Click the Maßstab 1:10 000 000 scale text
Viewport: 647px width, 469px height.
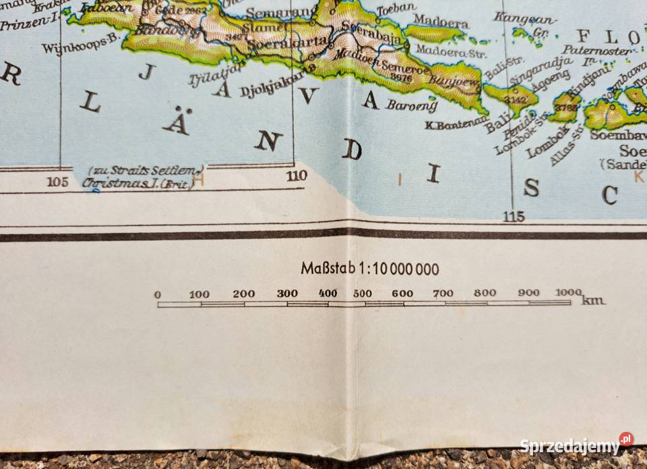[369, 269]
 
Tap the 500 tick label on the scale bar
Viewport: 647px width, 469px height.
[362, 294]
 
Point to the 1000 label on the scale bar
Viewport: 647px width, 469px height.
[568, 292]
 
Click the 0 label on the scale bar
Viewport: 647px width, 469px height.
[158, 295]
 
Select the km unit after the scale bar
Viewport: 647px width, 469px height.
[594, 300]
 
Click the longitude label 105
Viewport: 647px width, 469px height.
[59, 181]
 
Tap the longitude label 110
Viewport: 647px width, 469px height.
[296, 176]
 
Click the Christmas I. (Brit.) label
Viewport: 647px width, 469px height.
[137, 182]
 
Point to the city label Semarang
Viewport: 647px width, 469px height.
[271, 13]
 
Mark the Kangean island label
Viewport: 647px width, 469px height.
[525, 18]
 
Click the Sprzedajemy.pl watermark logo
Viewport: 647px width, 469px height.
[576, 445]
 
